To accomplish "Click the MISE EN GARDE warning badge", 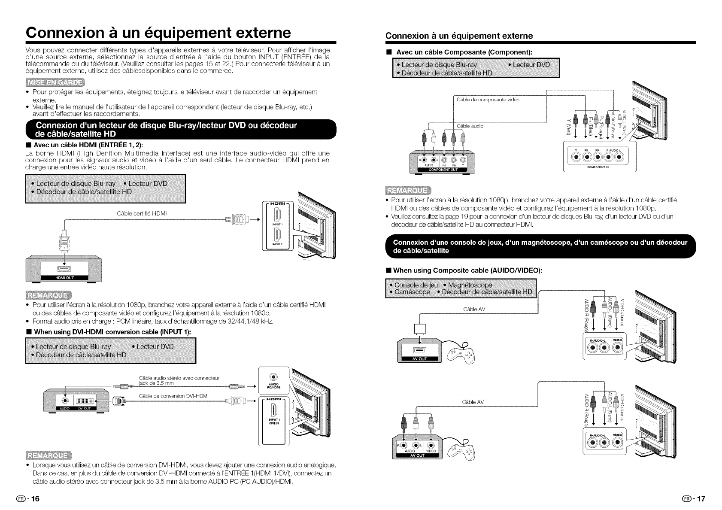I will point(55,83).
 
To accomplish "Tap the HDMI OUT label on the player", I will point(64,278).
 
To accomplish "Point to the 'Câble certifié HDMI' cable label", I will point(142,213).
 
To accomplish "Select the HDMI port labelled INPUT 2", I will point(276,236).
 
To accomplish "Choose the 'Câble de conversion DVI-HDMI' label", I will point(174,395).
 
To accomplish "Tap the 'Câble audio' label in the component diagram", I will point(470,126).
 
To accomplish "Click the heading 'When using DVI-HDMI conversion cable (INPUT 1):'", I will point(112,332).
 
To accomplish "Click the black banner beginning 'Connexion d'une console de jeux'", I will point(539,246).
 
